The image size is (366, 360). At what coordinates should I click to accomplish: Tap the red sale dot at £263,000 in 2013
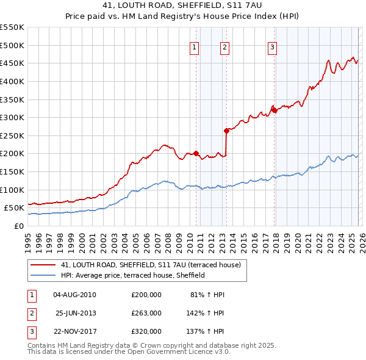click(226, 130)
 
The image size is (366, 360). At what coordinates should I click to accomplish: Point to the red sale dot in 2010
click(196, 153)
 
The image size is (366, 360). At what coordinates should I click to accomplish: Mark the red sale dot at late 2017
click(274, 110)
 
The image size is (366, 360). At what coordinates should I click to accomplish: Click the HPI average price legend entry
click(132, 275)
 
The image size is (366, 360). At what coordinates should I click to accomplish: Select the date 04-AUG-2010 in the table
click(74, 295)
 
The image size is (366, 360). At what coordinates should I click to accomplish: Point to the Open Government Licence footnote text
click(129, 352)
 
